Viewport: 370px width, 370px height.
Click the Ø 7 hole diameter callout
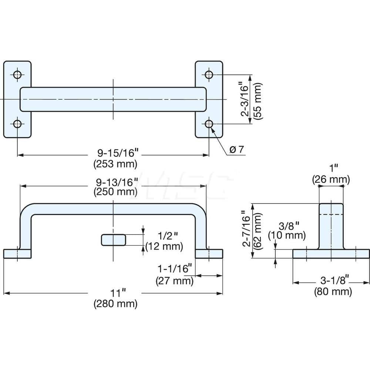[x=236, y=150]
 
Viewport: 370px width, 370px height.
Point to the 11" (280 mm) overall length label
[x=115, y=299]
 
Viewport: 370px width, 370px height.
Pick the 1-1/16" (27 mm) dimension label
[x=175, y=275]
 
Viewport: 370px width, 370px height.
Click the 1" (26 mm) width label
[x=331, y=174]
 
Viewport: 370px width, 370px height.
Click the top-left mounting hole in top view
[x=17, y=74]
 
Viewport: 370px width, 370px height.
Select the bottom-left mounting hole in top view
[x=17, y=124]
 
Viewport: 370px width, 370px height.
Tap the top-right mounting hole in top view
[x=209, y=74]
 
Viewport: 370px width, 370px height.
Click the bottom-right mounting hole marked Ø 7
[x=209, y=124]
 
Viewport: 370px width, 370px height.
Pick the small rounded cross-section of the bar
[x=113, y=240]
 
